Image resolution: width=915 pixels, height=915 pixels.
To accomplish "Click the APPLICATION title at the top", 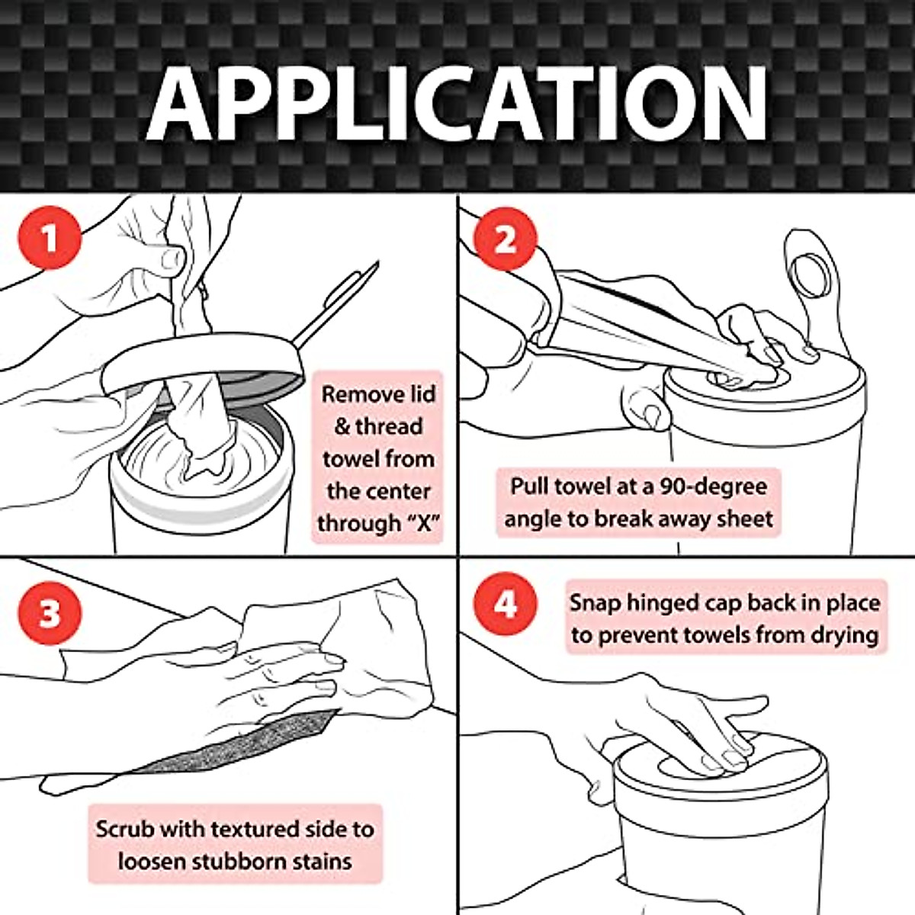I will tap(457, 103).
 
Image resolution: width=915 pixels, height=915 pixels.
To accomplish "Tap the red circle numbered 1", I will tap(49, 238).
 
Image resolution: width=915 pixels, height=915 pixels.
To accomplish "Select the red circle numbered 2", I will tap(505, 238).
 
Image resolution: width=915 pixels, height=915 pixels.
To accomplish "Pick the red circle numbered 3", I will tap(49, 612).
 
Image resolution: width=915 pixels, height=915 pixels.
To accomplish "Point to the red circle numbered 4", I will tap(505, 605).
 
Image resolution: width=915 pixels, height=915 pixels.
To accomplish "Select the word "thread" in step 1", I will tap(388, 426).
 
